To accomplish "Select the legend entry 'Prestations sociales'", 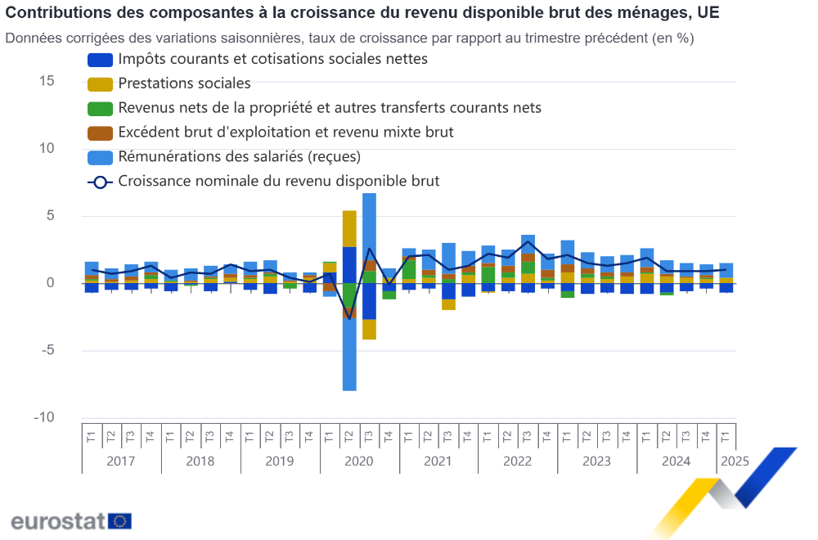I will [x=184, y=83].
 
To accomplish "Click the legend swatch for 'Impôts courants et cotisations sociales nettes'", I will [x=100, y=60].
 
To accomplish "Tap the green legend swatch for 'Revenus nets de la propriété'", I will [x=100, y=108].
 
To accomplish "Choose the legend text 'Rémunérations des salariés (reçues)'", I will [x=239, y=156].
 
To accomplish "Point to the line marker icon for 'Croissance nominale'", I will [x=100, y=182].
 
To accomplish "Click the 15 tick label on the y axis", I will [x=47, y=81].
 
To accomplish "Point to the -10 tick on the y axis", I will [x=43, y=417].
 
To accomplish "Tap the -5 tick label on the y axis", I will [x=47, y=350].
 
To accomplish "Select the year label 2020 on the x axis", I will [x=359, y=461].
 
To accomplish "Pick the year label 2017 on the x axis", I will [x=121, y=461].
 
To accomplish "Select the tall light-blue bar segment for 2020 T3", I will [x=369, y=226].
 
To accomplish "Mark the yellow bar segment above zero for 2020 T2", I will [x=349, y=228].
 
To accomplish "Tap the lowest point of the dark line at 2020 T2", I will [x=349, y=318].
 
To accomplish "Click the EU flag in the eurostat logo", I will [x=120, y=520].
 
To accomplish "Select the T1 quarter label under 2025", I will [x=726, y=433].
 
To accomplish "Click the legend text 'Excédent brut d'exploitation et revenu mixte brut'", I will [x=285, y=132].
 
